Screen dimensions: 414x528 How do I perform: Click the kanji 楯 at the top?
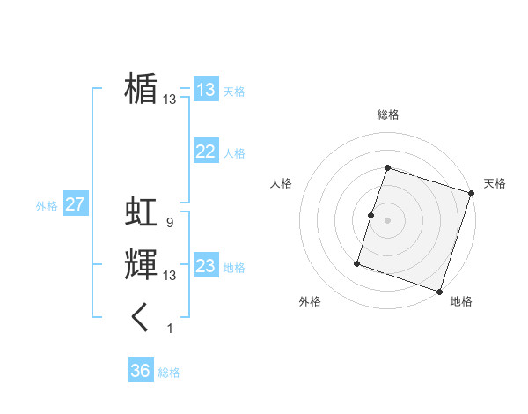(141, 89)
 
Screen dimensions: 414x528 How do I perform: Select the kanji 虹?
(141, 212)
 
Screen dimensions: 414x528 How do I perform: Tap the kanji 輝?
(141, 265)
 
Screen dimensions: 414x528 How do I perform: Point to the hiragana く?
(141, 317)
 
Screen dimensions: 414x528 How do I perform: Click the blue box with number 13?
(206, 90)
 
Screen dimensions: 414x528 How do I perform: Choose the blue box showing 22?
(206, 152)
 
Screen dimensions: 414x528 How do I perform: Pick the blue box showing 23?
(206, 266)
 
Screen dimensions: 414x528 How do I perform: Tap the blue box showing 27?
(76, 204)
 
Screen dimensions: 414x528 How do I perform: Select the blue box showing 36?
(141, 371)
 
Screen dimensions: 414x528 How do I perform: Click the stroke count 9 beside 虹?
(169, 223)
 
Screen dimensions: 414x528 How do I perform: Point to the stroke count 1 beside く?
(170, 329)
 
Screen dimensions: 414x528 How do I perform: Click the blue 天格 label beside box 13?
(234, 92)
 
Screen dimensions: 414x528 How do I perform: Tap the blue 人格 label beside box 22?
(234, 153)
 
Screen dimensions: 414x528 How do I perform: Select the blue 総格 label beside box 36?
(169, 373)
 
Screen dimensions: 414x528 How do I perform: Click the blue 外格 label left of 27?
(47, 206)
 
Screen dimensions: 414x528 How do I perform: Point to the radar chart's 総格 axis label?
(388, 115)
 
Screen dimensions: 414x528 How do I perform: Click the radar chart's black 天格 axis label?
(495, 183)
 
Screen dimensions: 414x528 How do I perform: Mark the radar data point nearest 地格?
(440, 291)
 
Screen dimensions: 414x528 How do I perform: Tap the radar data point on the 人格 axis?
(371, 215)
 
